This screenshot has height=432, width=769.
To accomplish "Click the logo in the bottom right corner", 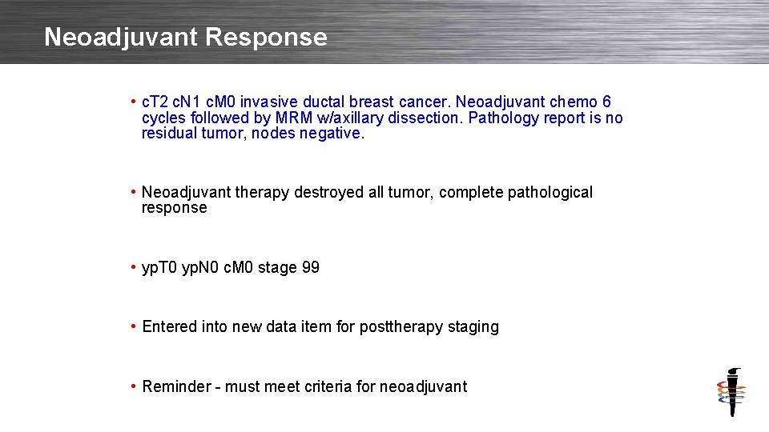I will click(x=731, y=391).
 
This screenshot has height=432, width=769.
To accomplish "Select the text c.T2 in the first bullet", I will click(x=155, y=102).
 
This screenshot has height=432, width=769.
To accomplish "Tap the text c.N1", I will click(x=187, y=102).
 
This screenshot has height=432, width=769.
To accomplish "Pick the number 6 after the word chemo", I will click(x=606, y=102).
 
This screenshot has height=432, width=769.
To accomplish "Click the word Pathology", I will click(x=501, y=118).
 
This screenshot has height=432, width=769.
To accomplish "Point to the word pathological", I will click(x=550, y=193).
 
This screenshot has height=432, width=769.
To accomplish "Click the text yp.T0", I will click(x=158, y=268).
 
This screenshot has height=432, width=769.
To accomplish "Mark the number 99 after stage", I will click(x=310, y=268).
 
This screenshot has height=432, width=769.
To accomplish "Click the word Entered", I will click(x=168, y=327).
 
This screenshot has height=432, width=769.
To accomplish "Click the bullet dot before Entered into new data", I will click(x=133, y=327).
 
